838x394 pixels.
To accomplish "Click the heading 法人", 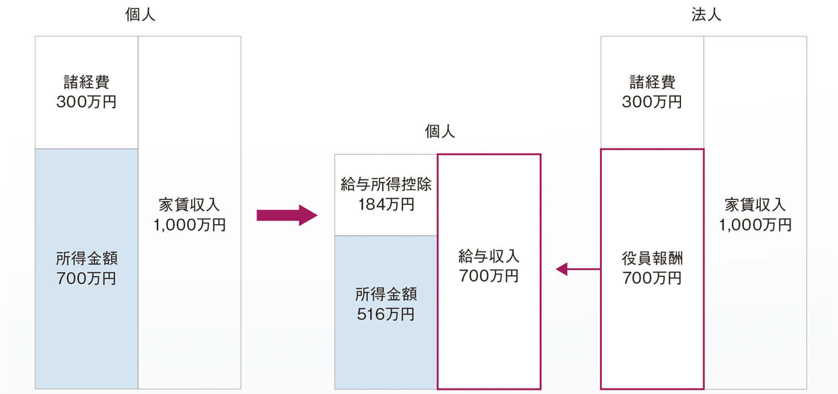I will tap(707, 15).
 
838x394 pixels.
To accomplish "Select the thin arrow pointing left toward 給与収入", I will tap(577, 269).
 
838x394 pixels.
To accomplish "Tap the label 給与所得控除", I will tap(386, 184).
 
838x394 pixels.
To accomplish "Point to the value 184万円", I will tap(386, 204).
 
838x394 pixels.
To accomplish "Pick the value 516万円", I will tap(386, 314).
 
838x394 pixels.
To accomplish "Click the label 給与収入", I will tap(489, 256).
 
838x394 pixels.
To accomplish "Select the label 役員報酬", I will tap(652, 258).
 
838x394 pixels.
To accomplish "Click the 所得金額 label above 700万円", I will tap(86, 259).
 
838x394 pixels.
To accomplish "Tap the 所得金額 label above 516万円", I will tap(386, 294).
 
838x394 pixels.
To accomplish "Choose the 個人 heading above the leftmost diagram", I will tap(140, 15).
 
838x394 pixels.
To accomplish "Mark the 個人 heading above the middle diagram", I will tap(440, 132).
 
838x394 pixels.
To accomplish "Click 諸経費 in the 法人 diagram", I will tap(652, 82).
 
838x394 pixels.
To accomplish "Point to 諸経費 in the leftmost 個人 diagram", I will tap(86, 82).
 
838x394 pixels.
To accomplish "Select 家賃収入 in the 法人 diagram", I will tap(755, 204).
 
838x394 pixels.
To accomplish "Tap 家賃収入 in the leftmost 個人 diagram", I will tap(189, 204).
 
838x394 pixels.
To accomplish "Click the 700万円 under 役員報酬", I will tap(652, 278).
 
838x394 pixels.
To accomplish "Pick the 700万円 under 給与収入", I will tap(489, 276).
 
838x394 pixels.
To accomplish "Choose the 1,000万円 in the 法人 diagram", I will tap(755, 224).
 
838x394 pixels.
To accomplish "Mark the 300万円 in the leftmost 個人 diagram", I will tap(86, 102).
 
